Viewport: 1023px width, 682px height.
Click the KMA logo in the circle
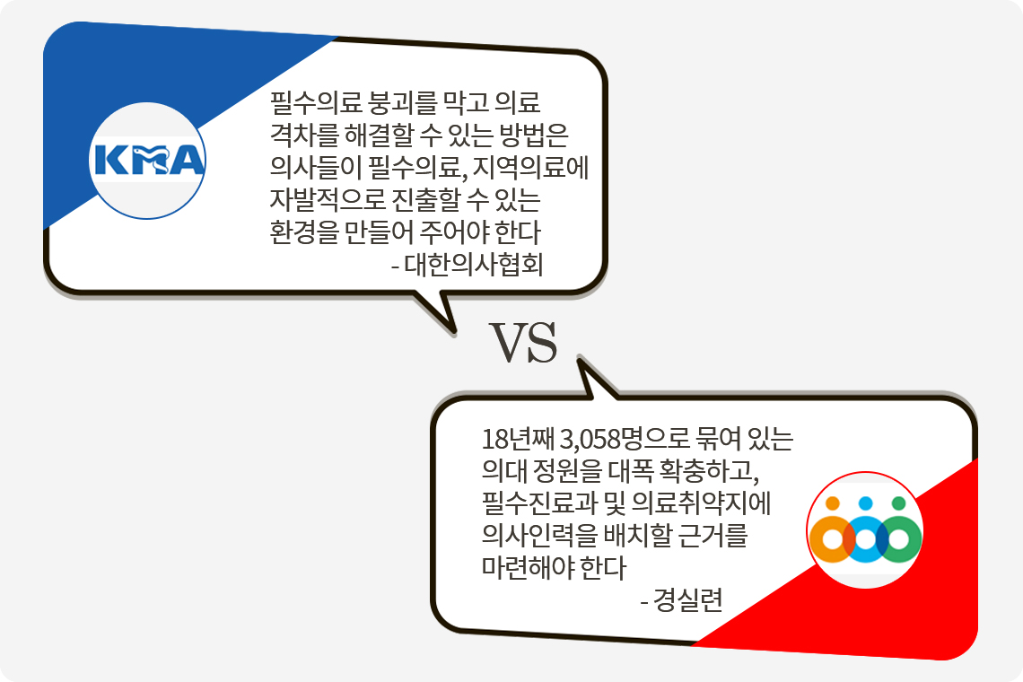149,162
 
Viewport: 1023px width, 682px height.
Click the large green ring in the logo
898,538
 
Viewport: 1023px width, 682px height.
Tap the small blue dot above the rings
865,503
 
